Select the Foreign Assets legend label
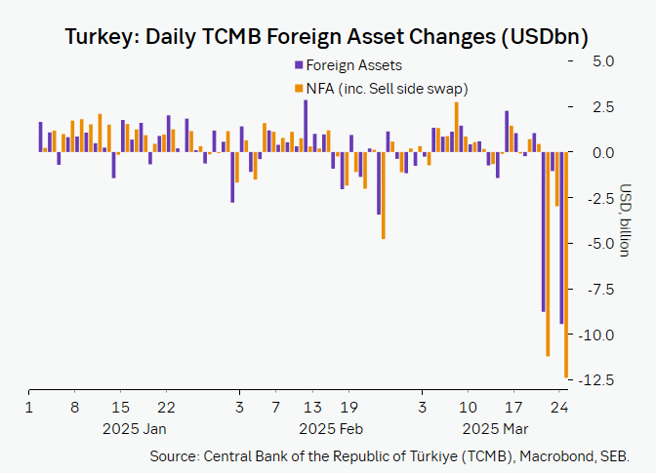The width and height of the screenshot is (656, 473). (x=353, y=65)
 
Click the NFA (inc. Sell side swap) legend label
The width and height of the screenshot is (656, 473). (x=387, y=89)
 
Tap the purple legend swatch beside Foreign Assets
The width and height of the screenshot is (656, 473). (x=298, y=65)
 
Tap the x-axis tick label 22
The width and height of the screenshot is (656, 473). (x=166, y=407)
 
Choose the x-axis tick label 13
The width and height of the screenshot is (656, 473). (x=311, y=407)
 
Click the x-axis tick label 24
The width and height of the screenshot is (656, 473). (x=559, y=407)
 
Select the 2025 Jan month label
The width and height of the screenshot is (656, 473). (x=134, y=429)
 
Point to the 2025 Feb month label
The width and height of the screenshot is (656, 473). (x=331, y=429)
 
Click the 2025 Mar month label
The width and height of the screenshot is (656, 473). (x=495, y=429)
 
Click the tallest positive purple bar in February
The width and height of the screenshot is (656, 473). (x=306, y=126)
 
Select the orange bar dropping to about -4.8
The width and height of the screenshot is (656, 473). (x=384, y=195)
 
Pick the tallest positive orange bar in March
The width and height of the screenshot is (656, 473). (x=456, y=127)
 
